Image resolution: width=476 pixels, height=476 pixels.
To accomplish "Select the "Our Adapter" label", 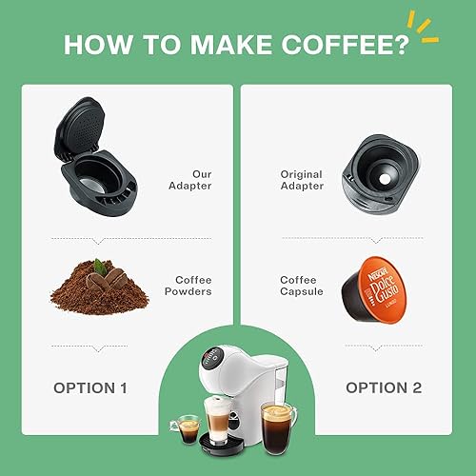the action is pos(190,180).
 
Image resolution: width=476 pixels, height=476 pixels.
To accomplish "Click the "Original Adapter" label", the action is pos(302,180).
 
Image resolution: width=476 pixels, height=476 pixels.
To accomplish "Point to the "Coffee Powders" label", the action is pos(188,286).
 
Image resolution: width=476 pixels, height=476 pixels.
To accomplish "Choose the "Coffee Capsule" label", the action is pos(302,286).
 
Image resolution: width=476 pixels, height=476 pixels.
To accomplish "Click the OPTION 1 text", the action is pos(90,388).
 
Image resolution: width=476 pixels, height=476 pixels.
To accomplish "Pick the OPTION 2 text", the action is pos(384,387).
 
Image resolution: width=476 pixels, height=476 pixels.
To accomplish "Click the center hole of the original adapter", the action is pos(385,179).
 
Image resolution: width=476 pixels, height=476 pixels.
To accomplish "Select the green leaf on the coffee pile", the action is pos(99,267).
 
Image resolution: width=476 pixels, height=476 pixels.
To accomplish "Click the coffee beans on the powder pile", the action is pos(106,278).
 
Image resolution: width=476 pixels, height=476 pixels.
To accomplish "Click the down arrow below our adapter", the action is pos(98,242).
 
